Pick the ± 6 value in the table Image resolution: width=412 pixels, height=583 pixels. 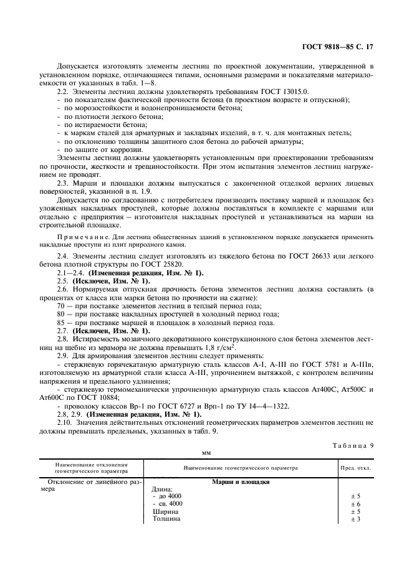pos(356,503)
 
